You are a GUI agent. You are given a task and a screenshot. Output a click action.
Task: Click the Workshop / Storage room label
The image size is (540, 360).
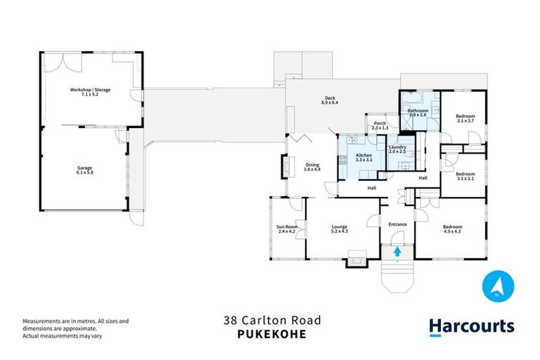[x=89, y=92]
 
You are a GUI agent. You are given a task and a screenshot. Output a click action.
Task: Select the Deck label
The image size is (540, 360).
[x=330, y=101]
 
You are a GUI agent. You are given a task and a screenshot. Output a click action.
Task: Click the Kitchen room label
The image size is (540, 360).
[x=364, y=157]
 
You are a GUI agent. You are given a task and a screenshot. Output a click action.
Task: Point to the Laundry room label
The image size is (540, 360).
[x=397, y=149]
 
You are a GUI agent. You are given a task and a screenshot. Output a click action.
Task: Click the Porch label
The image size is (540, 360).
[x=380, y=125]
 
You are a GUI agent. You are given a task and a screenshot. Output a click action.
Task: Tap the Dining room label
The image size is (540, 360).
[x=312, y=167]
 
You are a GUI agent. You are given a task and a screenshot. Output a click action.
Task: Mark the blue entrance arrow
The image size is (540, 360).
[x=397, y=250]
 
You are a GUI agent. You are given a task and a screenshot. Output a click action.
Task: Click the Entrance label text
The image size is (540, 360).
[x=398, y=224]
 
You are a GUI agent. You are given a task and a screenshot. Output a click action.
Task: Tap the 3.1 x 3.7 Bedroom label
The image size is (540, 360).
[x=465, y=118]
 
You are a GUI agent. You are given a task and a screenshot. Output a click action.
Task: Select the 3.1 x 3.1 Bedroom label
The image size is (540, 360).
[x=465, y=176]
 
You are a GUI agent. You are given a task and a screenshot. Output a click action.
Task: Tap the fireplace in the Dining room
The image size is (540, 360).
[x=285, y=167]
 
